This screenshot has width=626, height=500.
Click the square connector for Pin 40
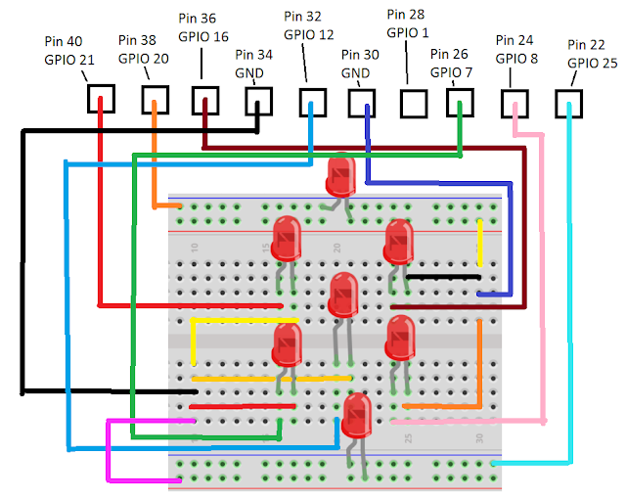[101, 98]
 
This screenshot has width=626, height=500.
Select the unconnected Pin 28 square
[413, 103]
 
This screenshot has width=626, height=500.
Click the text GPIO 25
[592, 62]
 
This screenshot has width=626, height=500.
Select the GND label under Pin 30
[356, 73]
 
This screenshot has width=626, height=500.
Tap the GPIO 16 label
[203, 35]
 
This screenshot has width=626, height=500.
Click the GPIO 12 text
[309, 34]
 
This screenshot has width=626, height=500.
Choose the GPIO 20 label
[144, 58]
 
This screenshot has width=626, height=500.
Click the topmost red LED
[340, 174]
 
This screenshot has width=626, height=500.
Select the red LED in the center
[343, 294]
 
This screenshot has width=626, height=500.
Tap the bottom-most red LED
[356, 415]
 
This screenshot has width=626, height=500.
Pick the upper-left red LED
[286, 238]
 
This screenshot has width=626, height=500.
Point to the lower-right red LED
[400, 338]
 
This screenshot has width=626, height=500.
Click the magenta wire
[109, 450]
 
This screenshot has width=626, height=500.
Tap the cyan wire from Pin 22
[570, 294]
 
